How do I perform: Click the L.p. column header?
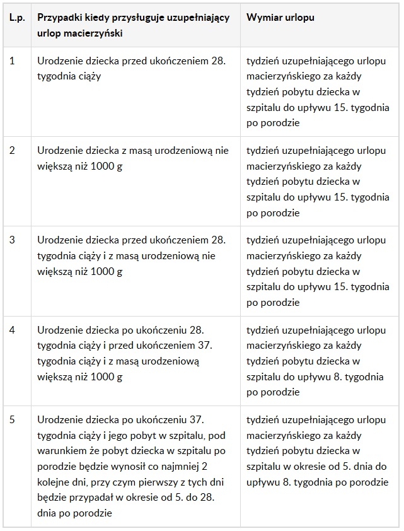pyautogui.click(x=16, y=18)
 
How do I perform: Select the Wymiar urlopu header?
pyautogui.click(x=280, y=18)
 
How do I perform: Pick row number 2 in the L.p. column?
pyautogui.click(x=13, y=151)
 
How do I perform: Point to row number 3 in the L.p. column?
pyautogui.click(x=13, y=241)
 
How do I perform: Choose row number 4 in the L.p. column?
pyautogui.click(x=13, y=330)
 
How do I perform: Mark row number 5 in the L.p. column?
pyautogui.click(x=13, y=420)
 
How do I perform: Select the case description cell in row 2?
pyautogui.click(x=132, y=158)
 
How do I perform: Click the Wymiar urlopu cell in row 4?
pyautogui.click(x=318, y=361)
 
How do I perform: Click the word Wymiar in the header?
pyautogui.click(x=263, y=18)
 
